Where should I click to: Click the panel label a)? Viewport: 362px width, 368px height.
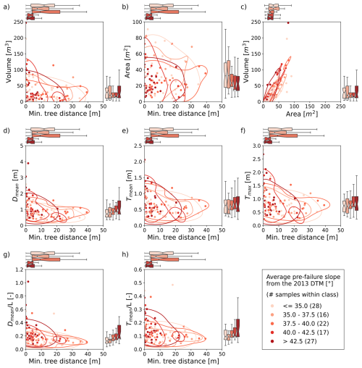coord(6,6)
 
